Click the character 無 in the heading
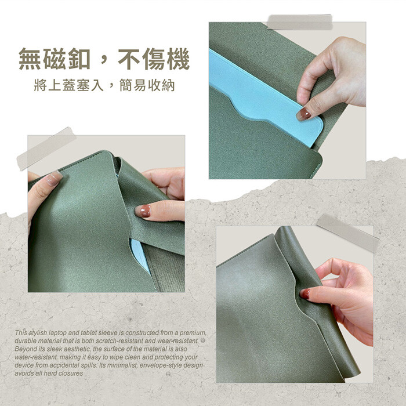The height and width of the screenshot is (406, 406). tap(30, 59)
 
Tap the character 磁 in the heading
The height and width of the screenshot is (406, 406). tap(55, 59)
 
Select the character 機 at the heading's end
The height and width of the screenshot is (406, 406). tap(178, 59)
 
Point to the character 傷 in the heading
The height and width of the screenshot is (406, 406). tap(154, 59)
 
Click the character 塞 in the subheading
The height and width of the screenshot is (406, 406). tap(84, 85)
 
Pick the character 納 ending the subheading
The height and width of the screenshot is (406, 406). tap(169, 85)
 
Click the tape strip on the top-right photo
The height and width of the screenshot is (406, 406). tap(300, 22)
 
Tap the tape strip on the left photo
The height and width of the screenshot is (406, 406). tap(46, 148)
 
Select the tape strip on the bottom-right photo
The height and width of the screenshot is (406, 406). tap(348, 233)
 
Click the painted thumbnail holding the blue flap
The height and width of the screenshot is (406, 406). tap(303, 114)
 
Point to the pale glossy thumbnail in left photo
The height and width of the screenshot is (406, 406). tap(53, 178)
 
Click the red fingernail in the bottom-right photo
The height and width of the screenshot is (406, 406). tap(304, 294)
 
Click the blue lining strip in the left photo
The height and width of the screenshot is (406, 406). tap(140, 256)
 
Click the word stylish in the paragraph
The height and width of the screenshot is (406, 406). tap(37, 333)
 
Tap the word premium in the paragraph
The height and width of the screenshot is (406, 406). tap(193, 333)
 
